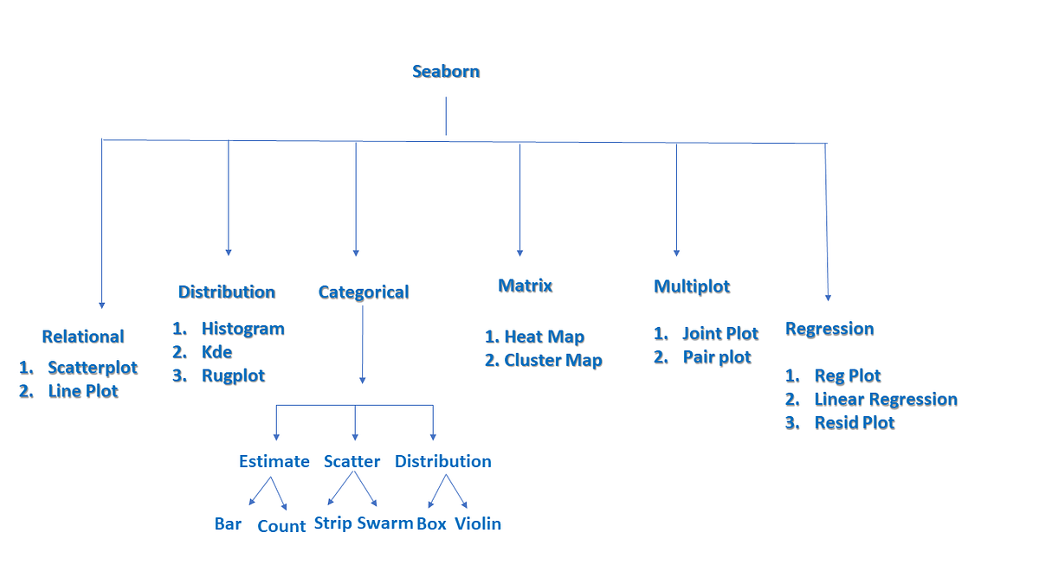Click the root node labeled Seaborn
click(x=446, y=71)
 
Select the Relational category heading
click(x=83, y=337)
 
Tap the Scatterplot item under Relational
click(x=93, y=368)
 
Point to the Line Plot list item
click(x=83, y=391)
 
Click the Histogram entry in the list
click(x=242, y=329)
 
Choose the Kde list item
click(x=216, y=352)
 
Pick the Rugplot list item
click(x=233, y=375)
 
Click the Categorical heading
click(x=364, y=292)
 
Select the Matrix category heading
click(x=525, y=286)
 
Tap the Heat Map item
click(x=544, y=337)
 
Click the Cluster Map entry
click(x=552, y=361)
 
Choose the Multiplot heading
click(x=692, y=286)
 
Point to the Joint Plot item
click(x=720, y=334)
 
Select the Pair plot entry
click(x=717, y=357)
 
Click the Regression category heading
click(x=829, y=329)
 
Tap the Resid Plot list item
click(x=854, y=423)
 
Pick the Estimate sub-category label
click(x=274, y=461)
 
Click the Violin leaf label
click(x=478, y=523)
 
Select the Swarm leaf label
click(x=385, y=523)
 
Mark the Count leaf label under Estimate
click(x=281, y=526)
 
